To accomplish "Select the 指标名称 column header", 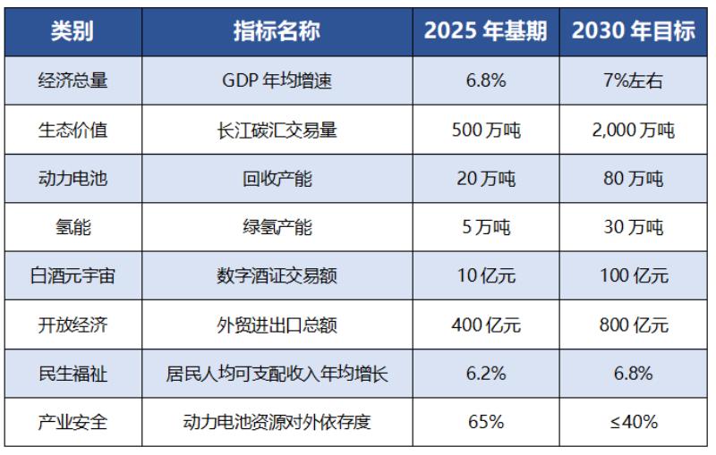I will [277, 31].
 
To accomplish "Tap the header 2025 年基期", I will [486, 31].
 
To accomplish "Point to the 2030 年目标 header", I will [634, 31].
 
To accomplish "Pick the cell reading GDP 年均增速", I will [277, 80].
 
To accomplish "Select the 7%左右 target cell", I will [634, 80].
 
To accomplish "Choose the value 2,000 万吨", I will [634, 130].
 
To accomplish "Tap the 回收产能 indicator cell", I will [277, 178].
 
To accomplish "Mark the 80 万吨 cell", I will [634, 178].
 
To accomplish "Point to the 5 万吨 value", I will [486, 227].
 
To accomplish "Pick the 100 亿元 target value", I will [634, 275].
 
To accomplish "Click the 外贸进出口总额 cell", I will [277, 324].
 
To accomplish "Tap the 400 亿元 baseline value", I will [486, 324].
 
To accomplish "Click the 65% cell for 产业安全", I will [486, 422].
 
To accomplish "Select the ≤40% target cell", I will [634, 422].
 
